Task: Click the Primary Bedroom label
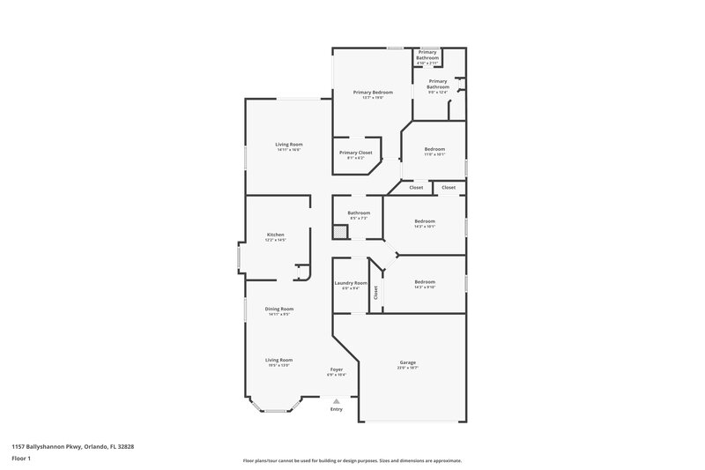[373, 92]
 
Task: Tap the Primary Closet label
[356, 153]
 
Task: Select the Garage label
[408, 362]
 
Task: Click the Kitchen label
[276, 235]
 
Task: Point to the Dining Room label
[280, 309]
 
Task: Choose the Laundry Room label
[351, 283]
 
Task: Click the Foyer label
[337, 369]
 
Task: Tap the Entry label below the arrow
[337, 409]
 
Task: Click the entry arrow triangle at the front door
[336, 400]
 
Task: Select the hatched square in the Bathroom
[338, 232]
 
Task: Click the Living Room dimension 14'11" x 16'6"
[288, 150]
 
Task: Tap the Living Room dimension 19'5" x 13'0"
[280, 365]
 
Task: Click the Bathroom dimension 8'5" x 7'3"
[359, 218]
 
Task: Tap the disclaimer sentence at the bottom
[352, 460]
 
